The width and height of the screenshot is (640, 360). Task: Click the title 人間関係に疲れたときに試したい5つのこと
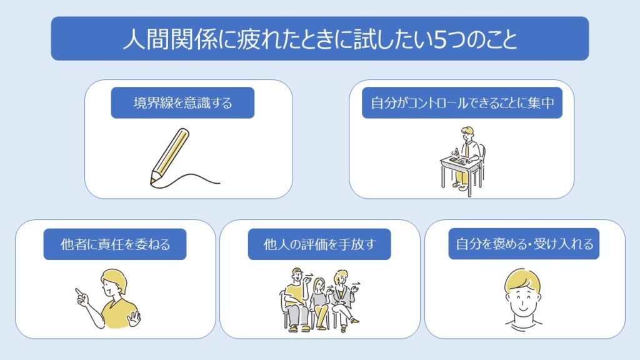click(x=320, y=39)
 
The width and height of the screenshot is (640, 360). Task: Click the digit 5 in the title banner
click(x=439, y=39)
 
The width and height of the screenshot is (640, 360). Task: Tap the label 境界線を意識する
click(x=182, y=103)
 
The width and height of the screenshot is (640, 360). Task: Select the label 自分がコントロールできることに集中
click(x=462, y=103)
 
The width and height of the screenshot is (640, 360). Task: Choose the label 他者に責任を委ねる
click(x=115, y=244)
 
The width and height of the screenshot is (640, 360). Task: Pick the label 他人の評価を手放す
click(x=319, y=244)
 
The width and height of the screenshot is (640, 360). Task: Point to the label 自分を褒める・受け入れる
click(x=524, y=244)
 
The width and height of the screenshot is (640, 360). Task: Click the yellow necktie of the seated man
click(x=466, y=150)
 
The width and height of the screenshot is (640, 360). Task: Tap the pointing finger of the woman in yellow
click(x=79, y=292)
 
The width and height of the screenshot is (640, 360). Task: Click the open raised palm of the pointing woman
click(x=134, y=318)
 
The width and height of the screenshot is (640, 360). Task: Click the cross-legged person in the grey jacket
click(x=345, y=300)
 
